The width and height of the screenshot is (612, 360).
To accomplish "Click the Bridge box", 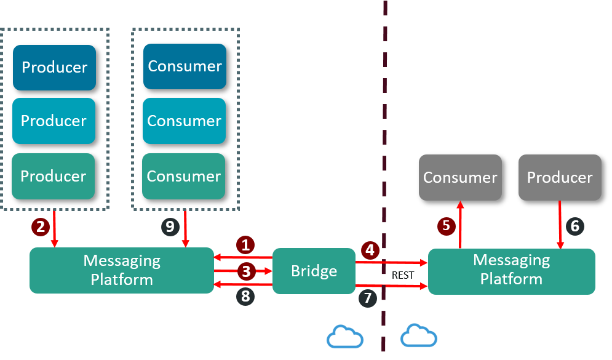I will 314,271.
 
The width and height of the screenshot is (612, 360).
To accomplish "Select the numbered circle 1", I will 245,246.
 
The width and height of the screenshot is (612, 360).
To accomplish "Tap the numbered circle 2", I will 41,226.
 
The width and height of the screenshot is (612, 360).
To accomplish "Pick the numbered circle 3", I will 245,270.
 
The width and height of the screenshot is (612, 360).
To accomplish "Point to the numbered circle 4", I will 370,250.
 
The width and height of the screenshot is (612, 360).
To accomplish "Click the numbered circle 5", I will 447,226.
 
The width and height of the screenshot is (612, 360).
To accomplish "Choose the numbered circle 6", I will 574,226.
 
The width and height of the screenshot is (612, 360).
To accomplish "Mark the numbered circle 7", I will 368,298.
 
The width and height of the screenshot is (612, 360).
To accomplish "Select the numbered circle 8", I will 245,297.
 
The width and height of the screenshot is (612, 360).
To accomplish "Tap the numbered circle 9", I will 170,226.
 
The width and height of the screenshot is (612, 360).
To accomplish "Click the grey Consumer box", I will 460,177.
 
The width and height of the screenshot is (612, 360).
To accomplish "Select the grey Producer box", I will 560,177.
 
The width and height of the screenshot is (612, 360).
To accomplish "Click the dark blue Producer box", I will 55,67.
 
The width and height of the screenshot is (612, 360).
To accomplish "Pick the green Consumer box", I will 184,176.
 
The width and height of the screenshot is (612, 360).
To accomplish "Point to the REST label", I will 403,275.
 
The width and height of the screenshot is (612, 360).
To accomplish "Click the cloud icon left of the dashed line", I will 345,337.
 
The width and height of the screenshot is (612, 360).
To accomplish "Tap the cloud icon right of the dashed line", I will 418,336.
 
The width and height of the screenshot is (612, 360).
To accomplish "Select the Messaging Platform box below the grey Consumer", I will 511,271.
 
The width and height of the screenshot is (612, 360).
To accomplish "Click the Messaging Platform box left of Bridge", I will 121,271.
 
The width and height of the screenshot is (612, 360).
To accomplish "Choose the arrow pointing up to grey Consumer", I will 460,225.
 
